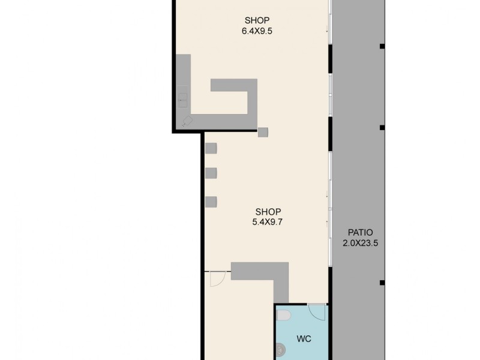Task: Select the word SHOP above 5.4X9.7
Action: pyautogui.click(x=268, y=212)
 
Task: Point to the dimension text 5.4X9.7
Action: pyautogui.click(x=268, y=222)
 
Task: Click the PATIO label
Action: pyautogui.click(x=360, y=233)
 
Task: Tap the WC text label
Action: pyautogui.click(x=304, y=339)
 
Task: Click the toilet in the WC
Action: pyautogui.click(x=284, y=316)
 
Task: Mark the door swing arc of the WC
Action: pyautogui.click(x=317, y=311)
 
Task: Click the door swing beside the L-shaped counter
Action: pyautogui.click(x=217, y=278)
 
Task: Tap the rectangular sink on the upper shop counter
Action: pyautogui.click(x=182, y=98)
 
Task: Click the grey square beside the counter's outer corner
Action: pyautogui.click(x=263, y=132)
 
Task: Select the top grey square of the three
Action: pyautogui.click(x=211, y=148)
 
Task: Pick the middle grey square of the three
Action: pyautogui.click(x=211, y=173)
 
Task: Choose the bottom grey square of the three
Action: pyautogui.click(x=211, y=202)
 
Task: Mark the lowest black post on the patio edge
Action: pyautogui.click(x=381, y=282)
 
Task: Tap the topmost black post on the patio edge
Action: pyautogui.click(x=381, y=46)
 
